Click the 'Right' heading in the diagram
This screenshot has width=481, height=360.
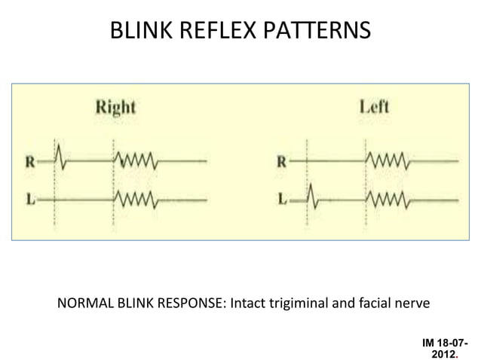[x=115, y=107]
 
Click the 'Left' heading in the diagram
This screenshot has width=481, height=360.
[x=373, y=107]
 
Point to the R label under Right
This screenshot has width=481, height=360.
[x=29, y=160]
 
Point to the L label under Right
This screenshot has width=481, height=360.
[x=29, y=200]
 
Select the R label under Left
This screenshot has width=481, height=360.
[x=280, y=160]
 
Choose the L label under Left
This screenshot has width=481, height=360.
[x=280, y=200]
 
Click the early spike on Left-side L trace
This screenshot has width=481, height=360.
[x=314, y=199]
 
